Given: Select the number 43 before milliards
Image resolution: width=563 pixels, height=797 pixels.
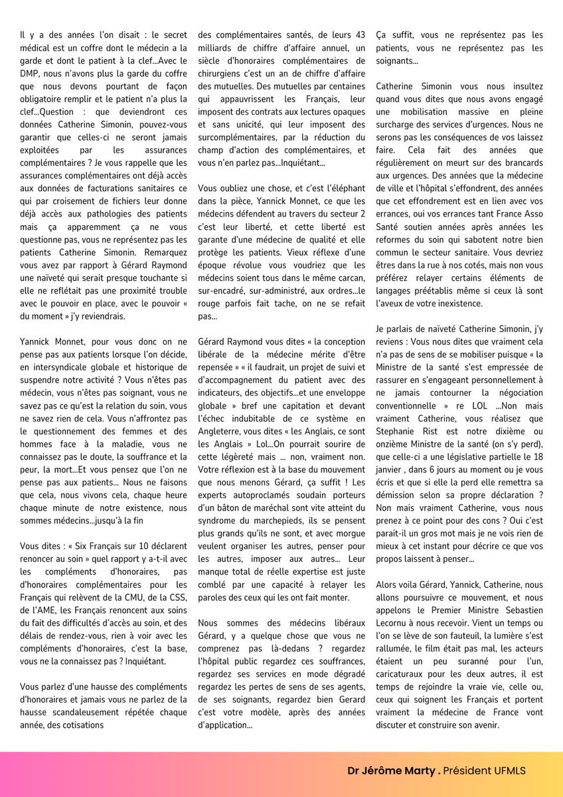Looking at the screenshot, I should (x=359, y=35).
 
